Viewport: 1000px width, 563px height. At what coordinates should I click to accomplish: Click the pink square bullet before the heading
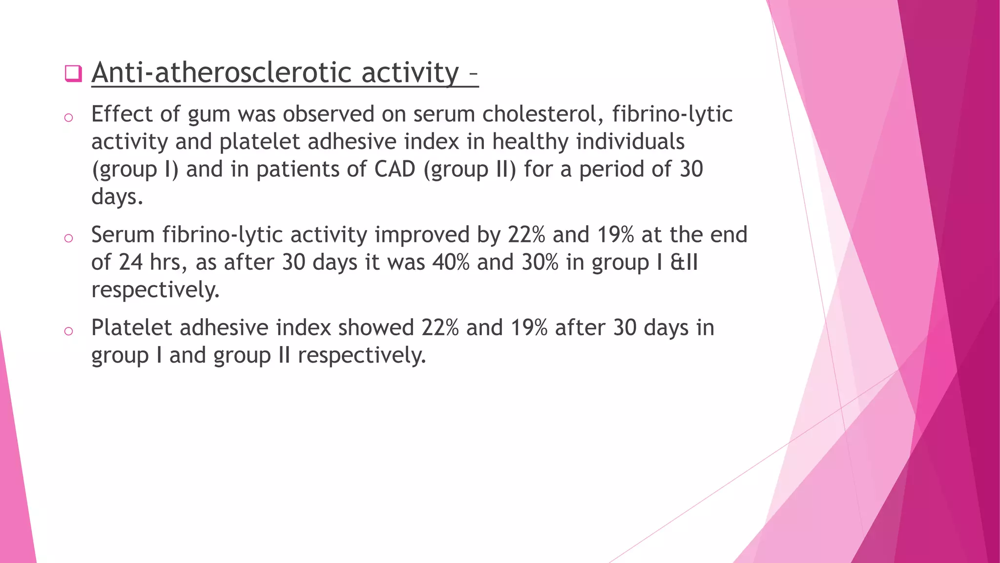73,73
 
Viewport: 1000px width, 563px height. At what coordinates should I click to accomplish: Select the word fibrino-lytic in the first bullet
672,114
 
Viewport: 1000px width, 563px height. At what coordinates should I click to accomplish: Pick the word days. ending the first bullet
117,197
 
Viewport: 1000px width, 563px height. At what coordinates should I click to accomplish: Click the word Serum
123,235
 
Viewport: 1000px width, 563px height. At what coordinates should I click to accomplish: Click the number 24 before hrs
130,262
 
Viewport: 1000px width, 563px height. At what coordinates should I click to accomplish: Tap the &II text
684,262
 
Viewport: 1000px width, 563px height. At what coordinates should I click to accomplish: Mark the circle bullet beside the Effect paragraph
68,118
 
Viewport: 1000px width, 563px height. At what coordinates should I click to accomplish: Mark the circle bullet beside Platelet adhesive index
68,331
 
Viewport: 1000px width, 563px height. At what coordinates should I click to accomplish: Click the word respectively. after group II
362,355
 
